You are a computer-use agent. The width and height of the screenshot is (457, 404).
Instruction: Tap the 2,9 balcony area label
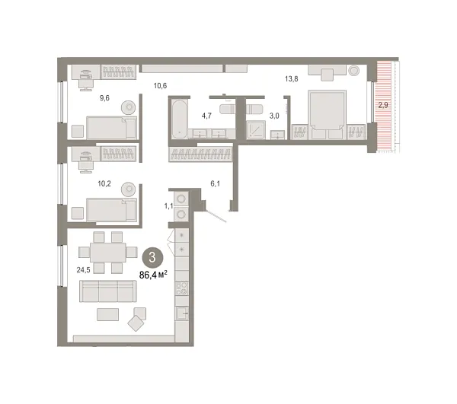click(x=383, y=107)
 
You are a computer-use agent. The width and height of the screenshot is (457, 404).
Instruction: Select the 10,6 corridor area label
click(x=160, y=86)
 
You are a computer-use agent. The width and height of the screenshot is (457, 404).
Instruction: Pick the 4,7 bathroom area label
click(x=206, y=116)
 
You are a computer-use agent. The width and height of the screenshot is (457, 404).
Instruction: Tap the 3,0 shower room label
click(x=272, y=116)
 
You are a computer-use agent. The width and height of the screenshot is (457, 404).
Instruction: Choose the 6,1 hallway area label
click(x=215, y=183)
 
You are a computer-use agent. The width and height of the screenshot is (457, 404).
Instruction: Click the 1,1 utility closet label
click(x=169, y=206)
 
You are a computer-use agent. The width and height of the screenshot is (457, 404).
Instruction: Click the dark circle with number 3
click(x=152, y=256)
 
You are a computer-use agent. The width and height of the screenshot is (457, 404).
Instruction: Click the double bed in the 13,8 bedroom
click(x=326, y=114)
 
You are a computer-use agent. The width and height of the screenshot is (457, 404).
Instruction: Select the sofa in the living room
click(x=108, y=290)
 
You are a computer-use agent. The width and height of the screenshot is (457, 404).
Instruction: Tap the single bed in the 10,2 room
click(x=111, y=208)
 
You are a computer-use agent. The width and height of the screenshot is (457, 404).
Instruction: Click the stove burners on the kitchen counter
click(x=183, y=288)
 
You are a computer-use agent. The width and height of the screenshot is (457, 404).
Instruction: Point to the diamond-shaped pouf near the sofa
click(x=136, y=323)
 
